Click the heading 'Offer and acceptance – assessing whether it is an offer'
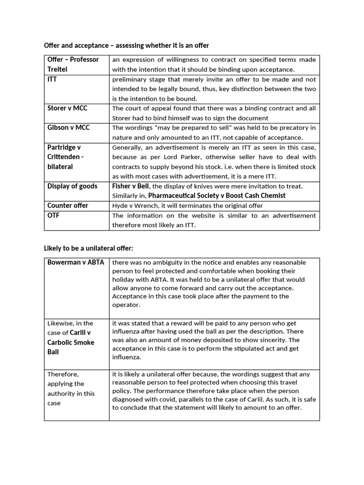tap(126, 45)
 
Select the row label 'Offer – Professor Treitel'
tap(73, 64)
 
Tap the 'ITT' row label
tap(52, 79)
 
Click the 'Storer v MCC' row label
tap(67, 108)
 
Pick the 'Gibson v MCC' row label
tap(68, 127)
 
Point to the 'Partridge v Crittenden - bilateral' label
tap(65, 157)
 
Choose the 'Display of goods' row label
tap(72, 186)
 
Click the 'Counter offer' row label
tap(68, 206)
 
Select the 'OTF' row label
tap(54, 216)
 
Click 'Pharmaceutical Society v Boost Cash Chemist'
tap(217, 196)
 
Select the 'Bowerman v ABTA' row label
tap(76, 262)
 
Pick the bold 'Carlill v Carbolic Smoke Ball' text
tap(72, 337)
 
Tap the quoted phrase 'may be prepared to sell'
tap(181, 128)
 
